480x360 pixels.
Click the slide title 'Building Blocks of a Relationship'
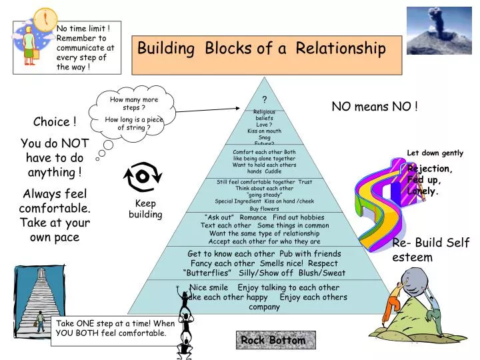pyautogui.click(x=261, y=49)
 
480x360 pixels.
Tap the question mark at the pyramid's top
pyautogui.click(x=264, y=99)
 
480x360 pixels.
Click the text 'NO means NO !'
pyautogui.click(x=375, y=107)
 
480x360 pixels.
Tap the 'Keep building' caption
pyautogui.click(x=145, y=209)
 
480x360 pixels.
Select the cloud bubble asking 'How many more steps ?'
pyautogui.click(x=135, y=114)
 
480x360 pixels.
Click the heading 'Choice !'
pyautogui.click(x=55, y=122)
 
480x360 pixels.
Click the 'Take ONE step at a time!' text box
pyautogui.click(x=115, y=328)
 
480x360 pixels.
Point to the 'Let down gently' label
pyautogui.click(x=435, y=153)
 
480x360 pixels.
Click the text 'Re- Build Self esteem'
pyautogui.click(x=431, y=250)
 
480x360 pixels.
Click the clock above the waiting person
pyautogui.click(x=45, y=18)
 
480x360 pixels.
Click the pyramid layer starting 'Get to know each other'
pyautogui.click(x=265, y=263)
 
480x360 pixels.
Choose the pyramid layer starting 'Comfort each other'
pyautogui.click(x=264, y=161)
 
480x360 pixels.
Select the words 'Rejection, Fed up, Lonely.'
pyautogui.click(x=429, y=180)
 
